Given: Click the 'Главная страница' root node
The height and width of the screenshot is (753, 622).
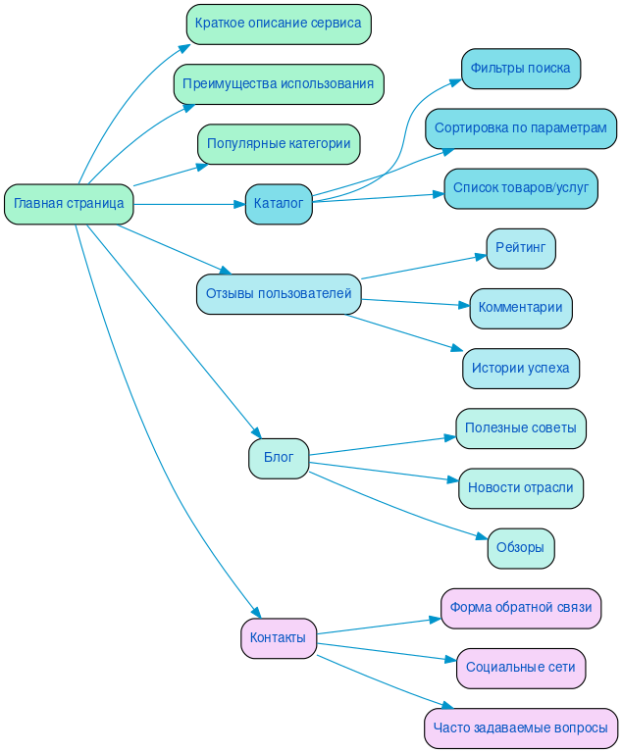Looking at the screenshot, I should coord(69,204).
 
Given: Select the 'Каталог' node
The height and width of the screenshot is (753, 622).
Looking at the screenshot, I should coord(279,204).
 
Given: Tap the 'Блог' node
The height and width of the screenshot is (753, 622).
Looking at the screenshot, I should coord(279,458).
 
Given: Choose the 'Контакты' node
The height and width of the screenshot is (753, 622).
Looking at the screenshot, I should coord(279,638).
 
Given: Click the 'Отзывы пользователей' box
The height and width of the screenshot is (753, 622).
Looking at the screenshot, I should coord(279,294).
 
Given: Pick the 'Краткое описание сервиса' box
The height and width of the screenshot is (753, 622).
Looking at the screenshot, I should coord(279,24).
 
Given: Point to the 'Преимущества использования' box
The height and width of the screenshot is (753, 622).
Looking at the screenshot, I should coord(279,83).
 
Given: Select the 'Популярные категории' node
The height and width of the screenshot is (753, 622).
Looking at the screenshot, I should coord(279,144).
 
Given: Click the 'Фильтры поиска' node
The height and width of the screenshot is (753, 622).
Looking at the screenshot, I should coord(521,69).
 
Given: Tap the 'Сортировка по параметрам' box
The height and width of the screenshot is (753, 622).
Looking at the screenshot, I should coord(521,128).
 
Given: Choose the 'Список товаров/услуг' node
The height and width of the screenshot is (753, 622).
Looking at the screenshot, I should coord(521,188).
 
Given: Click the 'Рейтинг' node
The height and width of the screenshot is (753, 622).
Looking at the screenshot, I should coord(521,248).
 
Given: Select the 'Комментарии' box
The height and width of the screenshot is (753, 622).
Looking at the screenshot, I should coord(521,308).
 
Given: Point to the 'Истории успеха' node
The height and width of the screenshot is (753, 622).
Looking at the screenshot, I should coord(521,369).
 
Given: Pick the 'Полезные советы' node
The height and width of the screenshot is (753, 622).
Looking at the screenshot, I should coord(521,428).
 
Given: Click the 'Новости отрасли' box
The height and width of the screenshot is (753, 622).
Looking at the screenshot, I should coord(521,488).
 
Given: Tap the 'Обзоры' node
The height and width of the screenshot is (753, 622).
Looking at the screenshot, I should coord(521,548).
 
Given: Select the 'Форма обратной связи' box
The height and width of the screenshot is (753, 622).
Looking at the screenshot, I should coord(521,608).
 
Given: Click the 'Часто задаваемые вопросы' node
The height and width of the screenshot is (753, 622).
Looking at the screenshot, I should coord(521,728).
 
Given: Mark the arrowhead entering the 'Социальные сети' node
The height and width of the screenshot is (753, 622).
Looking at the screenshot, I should coord(450,660).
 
